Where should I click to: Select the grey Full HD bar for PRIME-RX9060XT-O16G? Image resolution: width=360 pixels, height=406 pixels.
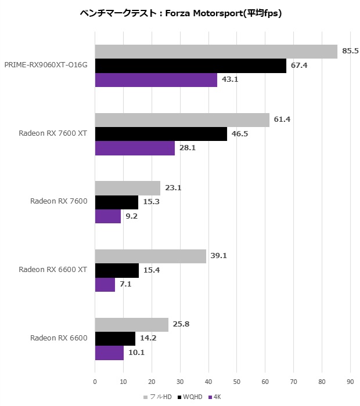point(216,52)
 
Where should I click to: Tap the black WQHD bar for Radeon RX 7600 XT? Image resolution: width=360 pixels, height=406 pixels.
point(161,134)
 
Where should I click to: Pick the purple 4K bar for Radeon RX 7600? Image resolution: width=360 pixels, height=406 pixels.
point(108,216)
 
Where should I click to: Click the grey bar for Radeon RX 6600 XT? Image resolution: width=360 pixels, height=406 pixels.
point(150,256)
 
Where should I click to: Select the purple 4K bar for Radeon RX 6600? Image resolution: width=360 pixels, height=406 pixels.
point(109,353)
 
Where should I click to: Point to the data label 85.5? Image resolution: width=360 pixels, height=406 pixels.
point(350,51)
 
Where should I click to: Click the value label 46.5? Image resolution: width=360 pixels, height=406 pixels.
point(239,134)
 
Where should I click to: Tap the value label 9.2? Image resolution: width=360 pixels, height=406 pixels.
point(133,216)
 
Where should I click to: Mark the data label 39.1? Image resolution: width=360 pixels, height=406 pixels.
point(218,256)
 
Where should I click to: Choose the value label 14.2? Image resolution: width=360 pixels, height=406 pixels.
point(148,339)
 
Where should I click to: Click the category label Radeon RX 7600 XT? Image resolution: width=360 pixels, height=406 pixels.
point(53,133)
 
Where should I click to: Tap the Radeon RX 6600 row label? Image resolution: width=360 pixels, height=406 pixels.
point(59,338)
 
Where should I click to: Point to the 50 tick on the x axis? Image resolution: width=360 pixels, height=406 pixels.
point(236,382)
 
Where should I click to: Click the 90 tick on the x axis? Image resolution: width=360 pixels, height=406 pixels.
point(350,382)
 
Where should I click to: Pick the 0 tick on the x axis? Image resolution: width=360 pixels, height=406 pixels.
point(95,382)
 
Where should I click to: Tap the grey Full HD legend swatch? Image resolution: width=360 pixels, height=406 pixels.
point(146,397)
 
